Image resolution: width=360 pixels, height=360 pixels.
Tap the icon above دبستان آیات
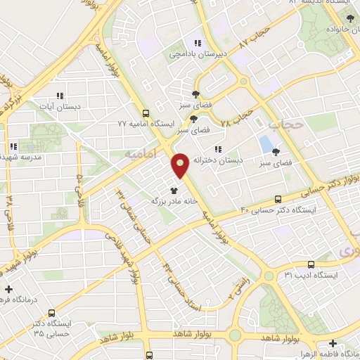coord(59,95)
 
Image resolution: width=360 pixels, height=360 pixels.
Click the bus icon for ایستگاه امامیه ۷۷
coord(146,112)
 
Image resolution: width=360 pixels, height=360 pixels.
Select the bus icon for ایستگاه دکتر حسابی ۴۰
coord(278,198)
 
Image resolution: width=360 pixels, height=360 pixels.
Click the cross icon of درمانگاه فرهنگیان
coord(8,289)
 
